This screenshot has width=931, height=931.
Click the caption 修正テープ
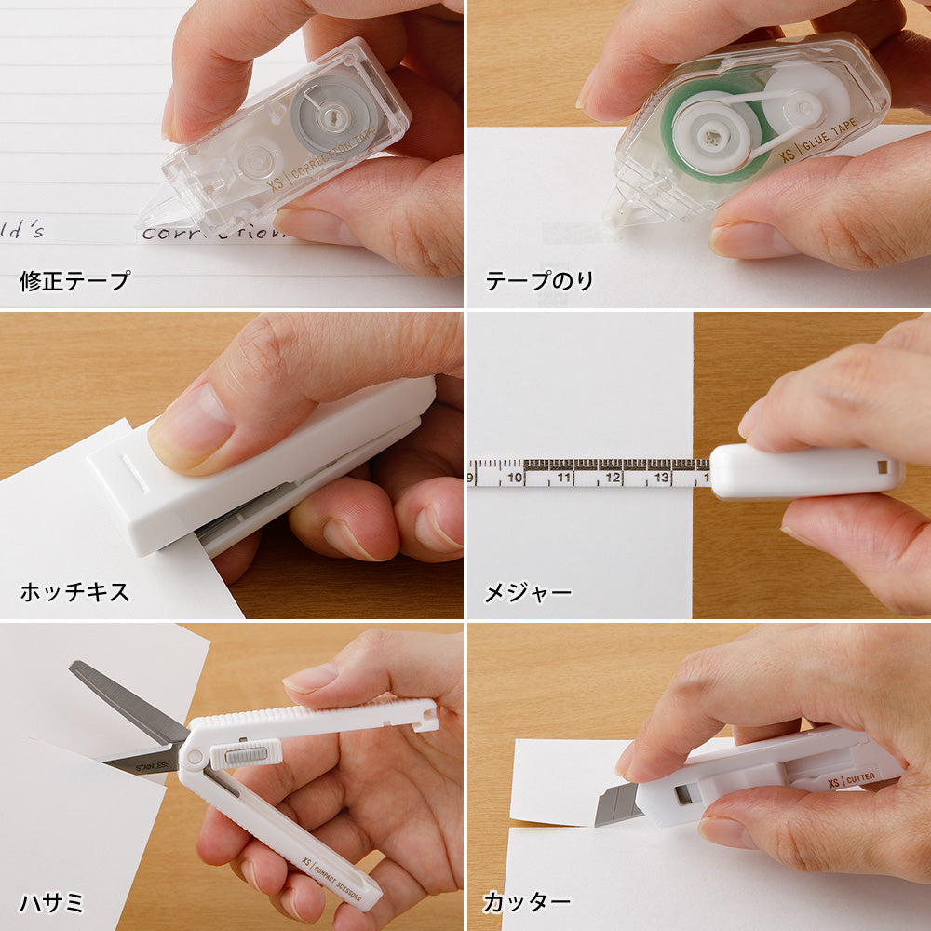click(75, 280)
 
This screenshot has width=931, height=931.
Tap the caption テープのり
click(539, 280)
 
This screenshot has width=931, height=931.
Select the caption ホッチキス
click(75, 591)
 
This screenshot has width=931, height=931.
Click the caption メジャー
click(528, 591)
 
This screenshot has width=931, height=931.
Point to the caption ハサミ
click(51, 901)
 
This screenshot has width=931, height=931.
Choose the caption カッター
click(527, 901)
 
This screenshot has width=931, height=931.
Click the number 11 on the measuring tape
click(563, 479)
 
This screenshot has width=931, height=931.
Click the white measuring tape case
click(805, 472)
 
